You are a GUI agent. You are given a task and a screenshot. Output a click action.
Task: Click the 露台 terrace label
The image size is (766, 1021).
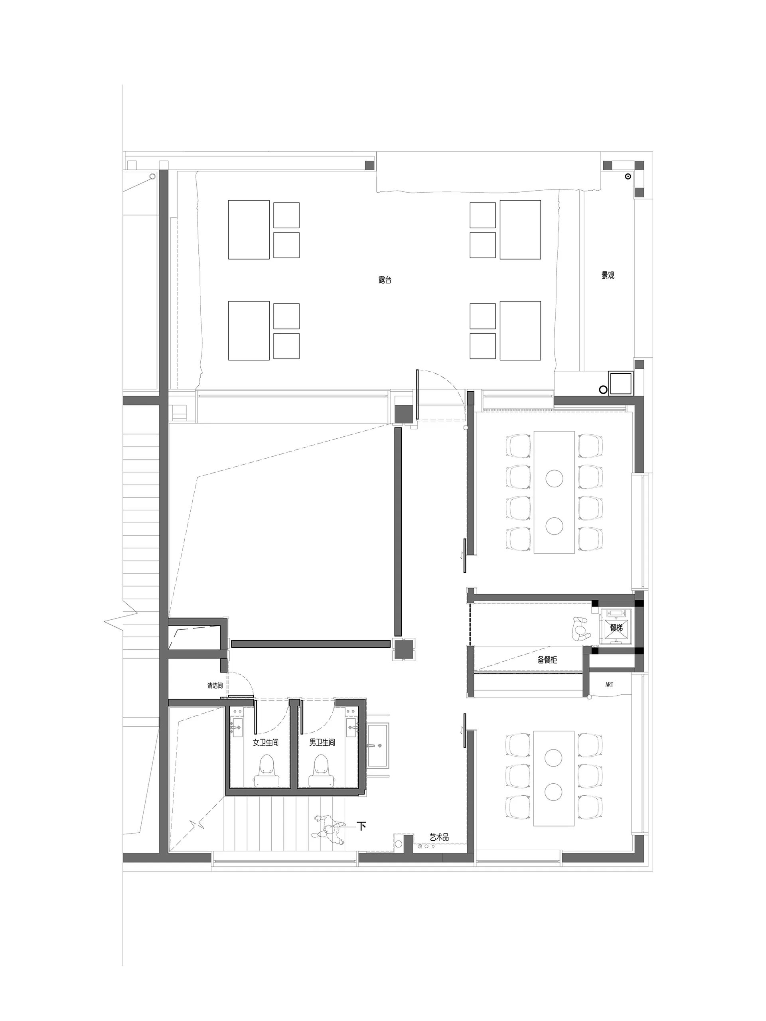(x=384, y=280)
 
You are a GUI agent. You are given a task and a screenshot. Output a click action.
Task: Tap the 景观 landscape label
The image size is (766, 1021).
(x=608, y=275)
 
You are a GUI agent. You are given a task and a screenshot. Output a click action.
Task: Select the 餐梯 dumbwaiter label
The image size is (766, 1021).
(x=616, y=628)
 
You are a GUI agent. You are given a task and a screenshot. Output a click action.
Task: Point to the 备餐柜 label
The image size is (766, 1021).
(x=547, y=660)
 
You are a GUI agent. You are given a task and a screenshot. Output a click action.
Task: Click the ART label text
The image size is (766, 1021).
(x=609, y=684)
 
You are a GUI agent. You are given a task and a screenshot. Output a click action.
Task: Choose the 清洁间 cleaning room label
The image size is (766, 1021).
(x=215, y=686)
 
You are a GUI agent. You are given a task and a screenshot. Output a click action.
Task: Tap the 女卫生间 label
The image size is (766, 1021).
(x=265, y=743)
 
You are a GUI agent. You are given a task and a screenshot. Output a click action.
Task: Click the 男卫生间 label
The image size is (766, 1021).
(x=322, y=743)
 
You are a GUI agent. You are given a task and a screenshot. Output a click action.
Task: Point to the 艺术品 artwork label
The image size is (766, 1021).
(x=439, y=837)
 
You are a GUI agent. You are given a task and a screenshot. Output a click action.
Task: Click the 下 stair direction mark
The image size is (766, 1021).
(x=362, y=826)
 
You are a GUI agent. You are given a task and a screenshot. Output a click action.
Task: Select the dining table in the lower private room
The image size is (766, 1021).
(x=554, y=778)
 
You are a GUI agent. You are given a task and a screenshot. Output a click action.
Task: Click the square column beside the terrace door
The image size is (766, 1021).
(x=403, y=414)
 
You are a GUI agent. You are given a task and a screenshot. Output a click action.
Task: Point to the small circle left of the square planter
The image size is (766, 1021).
(x=602, y=390)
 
